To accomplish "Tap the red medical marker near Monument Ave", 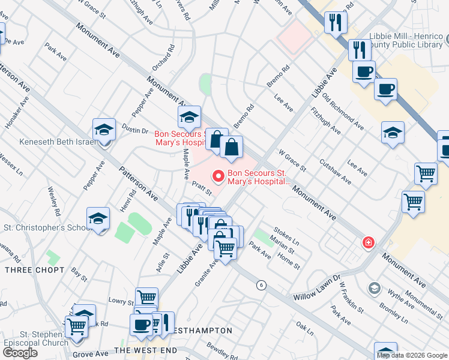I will [x=367, y=243].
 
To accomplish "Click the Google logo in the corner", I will [x=20, y=353].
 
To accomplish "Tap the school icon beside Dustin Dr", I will [x=104, y=130].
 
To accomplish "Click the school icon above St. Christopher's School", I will [x=98, y=219].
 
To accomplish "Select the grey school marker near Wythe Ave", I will [x=375, y=289].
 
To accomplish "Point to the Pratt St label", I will [x=202, y=189].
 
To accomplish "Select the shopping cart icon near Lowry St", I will [x=146, y=297].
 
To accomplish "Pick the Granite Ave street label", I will [x=206, y=273].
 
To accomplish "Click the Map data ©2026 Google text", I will [x=411, y=355].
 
